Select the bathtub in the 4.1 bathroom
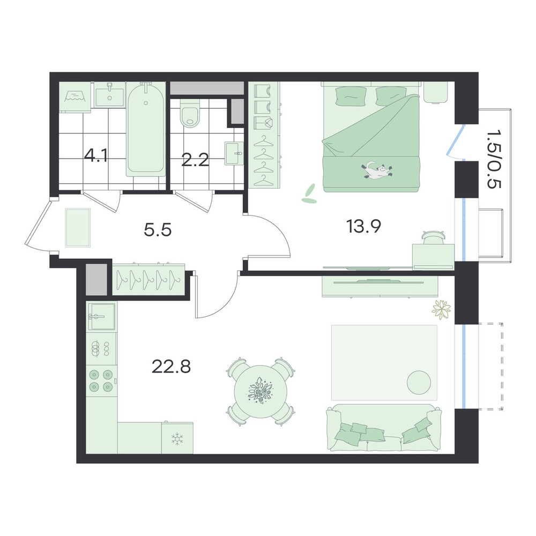(146, 129)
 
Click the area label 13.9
(364, 226)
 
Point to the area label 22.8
(171, 367)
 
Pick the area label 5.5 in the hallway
(158, 230)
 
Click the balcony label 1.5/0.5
(494, 159)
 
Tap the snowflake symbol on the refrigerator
(177, 439)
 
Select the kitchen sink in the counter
(102, 316)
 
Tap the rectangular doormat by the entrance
(78, 228)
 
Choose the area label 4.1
(96, 156)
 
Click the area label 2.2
(195, 160)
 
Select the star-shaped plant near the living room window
(441, 310)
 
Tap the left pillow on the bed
(351, 96)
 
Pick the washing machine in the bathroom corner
(75, 96)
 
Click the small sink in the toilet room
(234, 153)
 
